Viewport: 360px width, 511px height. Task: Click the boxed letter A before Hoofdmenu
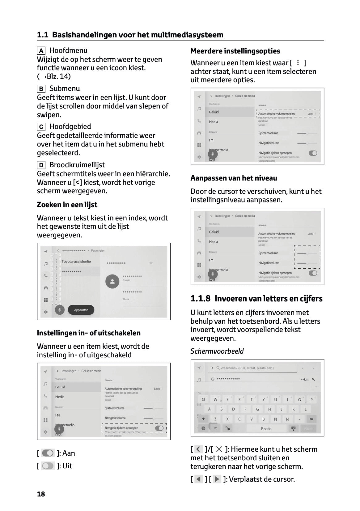41,51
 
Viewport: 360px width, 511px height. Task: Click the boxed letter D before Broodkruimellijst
41,165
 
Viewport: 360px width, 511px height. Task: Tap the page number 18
41,494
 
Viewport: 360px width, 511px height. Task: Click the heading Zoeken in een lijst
67,205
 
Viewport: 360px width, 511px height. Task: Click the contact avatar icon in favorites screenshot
112,281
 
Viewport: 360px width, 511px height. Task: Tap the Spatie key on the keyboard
266,429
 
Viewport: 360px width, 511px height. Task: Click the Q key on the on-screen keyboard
203,399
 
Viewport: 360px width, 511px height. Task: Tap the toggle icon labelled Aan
48,453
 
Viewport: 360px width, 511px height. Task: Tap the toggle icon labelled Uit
48,466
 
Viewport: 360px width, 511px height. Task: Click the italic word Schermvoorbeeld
217,351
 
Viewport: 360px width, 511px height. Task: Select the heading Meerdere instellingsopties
235,51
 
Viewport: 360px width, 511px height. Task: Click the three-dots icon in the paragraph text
298,63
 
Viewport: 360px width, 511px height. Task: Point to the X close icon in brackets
219,449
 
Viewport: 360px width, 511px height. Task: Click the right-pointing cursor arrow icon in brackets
217,479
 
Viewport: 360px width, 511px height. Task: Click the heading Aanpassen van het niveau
234,178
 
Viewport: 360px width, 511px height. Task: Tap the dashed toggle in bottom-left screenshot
159,428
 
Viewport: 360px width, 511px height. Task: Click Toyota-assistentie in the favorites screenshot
76,262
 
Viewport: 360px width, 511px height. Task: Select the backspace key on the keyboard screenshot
311,419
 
